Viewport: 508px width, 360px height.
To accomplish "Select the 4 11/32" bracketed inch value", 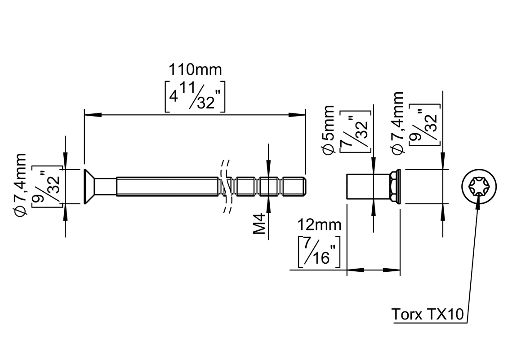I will point(195,96).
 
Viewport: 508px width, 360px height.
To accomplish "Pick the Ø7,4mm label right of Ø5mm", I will point(397,123).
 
